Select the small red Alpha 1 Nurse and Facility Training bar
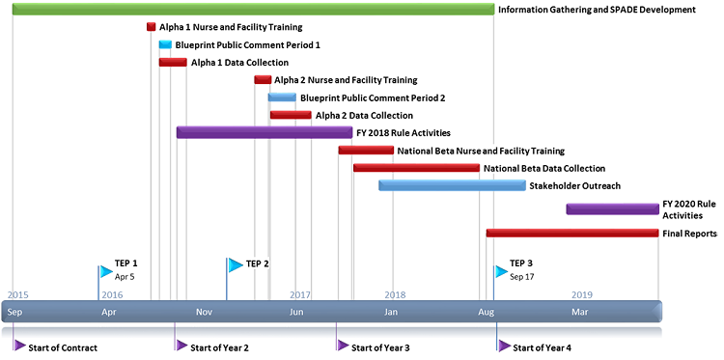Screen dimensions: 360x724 151,27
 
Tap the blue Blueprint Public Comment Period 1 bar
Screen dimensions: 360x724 165,44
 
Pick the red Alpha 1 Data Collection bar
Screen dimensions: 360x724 173,63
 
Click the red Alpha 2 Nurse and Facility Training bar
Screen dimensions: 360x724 263,80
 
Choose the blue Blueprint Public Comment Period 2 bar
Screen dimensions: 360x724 282,97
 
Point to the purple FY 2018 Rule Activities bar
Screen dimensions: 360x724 264,132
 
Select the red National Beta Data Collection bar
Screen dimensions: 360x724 416,168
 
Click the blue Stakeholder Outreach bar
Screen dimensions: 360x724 452,185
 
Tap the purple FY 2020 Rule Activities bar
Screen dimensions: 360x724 612,208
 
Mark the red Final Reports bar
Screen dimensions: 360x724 572,233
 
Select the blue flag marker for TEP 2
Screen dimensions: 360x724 235,264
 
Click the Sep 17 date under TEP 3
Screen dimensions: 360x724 521,277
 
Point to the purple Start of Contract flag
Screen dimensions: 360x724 19,346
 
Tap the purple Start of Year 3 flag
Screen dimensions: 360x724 342,346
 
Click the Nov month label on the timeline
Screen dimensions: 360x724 204,312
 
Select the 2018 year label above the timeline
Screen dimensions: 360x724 394,294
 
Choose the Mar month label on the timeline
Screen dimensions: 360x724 580,312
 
